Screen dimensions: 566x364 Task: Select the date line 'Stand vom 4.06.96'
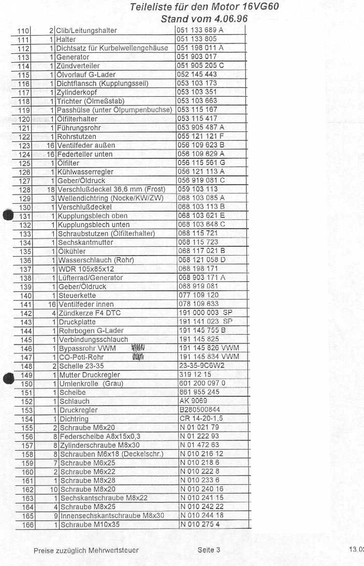coord(205,19)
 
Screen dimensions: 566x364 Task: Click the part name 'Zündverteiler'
coord(78,66)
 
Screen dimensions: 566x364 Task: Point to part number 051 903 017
coord(197,57)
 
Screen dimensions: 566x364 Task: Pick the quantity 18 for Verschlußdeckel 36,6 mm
coord(51,189)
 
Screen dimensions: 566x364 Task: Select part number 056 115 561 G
coord(201,162)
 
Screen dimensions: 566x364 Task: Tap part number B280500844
coord(199,410)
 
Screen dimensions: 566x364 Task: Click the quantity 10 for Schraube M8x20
coord(53,489)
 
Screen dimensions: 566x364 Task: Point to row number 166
coord(28,525)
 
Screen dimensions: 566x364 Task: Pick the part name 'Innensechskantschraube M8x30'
coord(112,515)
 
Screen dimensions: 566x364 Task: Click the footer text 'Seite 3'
coord(209,550)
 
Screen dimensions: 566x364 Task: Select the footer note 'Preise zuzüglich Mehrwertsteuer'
coord(86,550)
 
